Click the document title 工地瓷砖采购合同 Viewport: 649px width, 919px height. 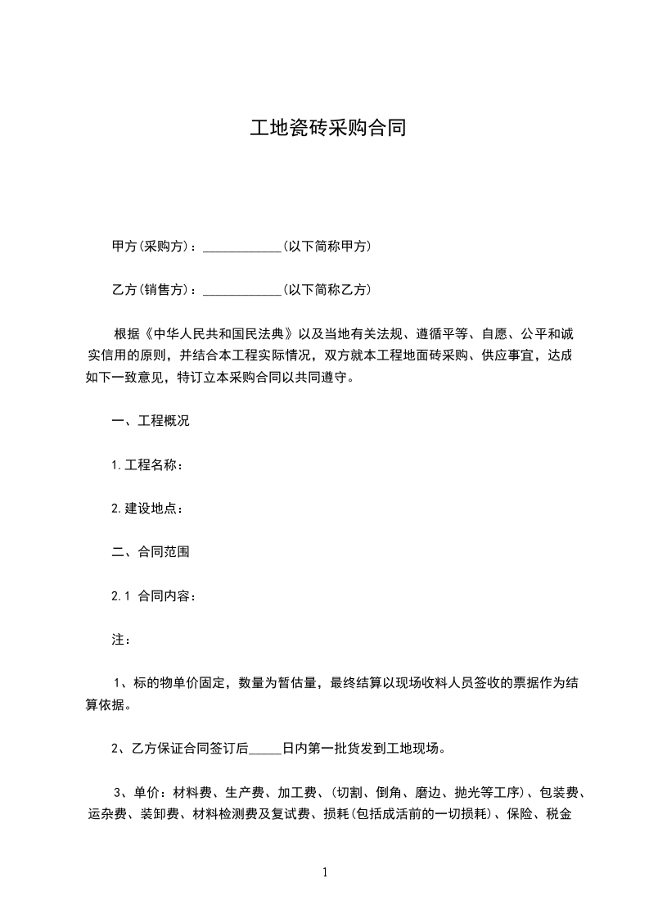(x=328, y=129)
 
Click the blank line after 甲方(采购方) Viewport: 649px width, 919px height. (x=241, y=247)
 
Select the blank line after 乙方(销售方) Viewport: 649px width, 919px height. (x=241, y=290)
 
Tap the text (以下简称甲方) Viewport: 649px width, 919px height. (x=326, y=247)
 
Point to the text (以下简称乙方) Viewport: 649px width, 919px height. (x=326, y=290)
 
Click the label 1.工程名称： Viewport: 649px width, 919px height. (x=146, y=465)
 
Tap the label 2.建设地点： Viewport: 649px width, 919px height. (x=146, y=509)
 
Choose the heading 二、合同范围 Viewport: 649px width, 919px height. (x=151, y=552)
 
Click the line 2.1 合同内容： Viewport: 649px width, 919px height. (x=153, y=596)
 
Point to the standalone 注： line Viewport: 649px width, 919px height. (x=120, y=640)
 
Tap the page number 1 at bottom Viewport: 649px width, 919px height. (x=325, y=873)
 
